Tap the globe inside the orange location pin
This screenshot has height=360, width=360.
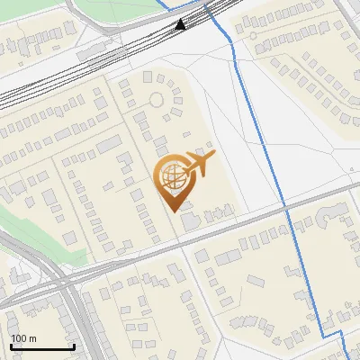(x=174, y=176)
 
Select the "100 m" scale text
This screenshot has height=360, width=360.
(x=23, y=338)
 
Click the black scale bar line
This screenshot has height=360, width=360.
(x=42, y=346)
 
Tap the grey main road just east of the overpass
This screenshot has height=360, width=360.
(x=117, y=265)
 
